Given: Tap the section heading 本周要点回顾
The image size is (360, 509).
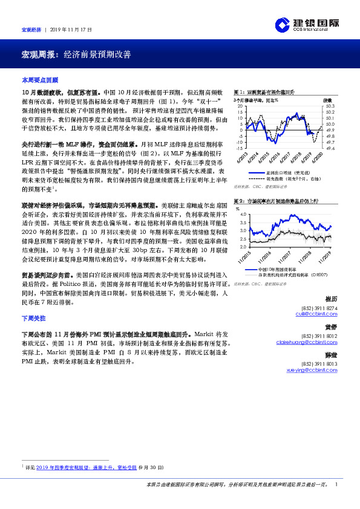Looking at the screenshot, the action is click(39, 80).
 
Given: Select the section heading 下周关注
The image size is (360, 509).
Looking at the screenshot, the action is click(33, 317).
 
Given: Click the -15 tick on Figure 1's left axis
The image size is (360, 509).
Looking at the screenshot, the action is click(240, 148).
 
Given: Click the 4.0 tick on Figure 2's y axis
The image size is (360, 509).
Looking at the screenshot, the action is click(244, 215).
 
